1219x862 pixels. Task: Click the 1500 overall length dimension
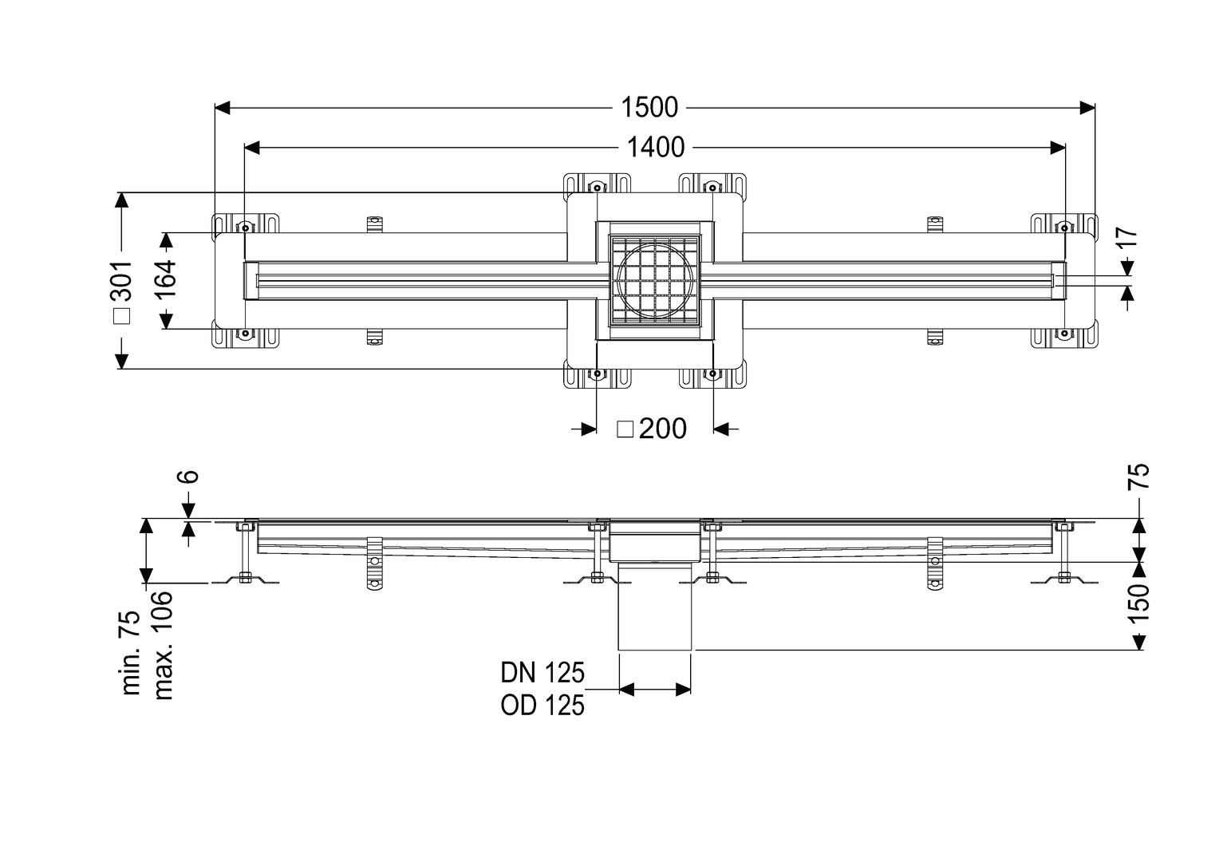coord(650,106)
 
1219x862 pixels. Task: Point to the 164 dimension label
coord(165,280)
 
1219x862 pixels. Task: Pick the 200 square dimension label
coord(662,429)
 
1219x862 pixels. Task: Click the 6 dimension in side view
coord(187,476)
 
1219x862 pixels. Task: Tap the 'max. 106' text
coord(164,645)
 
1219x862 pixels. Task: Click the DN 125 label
coord(542,673)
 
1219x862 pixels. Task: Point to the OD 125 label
coord(542,706)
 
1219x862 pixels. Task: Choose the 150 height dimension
coord(1140,604)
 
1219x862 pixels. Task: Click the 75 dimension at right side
coord(1140,476)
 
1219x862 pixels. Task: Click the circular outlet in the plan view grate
coord(654,280)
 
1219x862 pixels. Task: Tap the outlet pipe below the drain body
coord(654,607)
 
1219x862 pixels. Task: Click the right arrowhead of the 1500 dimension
coord(1087,107)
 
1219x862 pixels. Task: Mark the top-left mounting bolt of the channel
coord(245,228)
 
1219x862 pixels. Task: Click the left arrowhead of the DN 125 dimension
coord(627,689)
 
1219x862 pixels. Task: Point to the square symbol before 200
coord(625,429)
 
